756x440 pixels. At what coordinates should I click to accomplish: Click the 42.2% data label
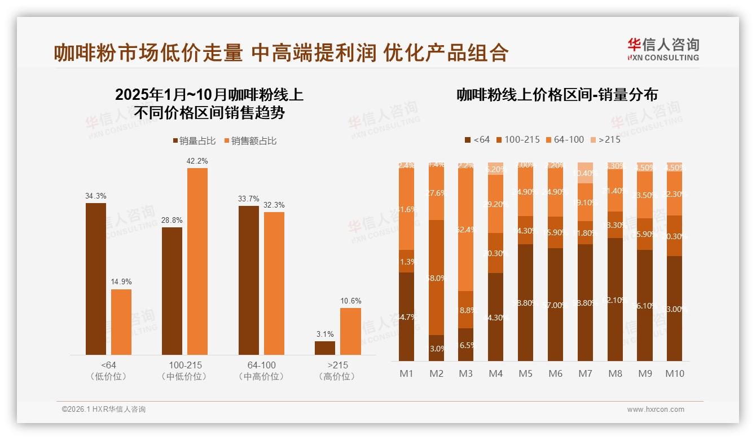pos(197,161)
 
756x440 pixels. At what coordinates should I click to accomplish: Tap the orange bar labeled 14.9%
pos(121,322)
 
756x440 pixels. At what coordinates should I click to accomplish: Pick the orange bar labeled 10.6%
pos(350,331)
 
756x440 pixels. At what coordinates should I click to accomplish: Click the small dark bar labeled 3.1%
pos(325,347)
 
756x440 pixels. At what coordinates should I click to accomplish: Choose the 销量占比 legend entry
pos(194,140)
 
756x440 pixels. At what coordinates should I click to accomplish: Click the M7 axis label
pos(586,373)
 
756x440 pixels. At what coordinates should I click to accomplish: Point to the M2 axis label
pos(436,373)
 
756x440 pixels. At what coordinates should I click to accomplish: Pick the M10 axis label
pos(675,373)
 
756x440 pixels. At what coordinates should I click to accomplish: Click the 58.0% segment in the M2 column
pos(436,278)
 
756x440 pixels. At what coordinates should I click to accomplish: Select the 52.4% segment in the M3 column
pos(466,230)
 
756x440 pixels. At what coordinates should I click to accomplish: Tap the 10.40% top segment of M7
pos(586,173)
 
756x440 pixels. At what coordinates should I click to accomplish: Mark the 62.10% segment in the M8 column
pos(616,299)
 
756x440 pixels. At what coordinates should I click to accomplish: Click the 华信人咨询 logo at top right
pos(663,49)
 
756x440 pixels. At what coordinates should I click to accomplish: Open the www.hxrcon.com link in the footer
pos(656,410)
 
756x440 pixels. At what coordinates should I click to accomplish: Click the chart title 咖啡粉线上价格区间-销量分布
pos(557,95)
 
